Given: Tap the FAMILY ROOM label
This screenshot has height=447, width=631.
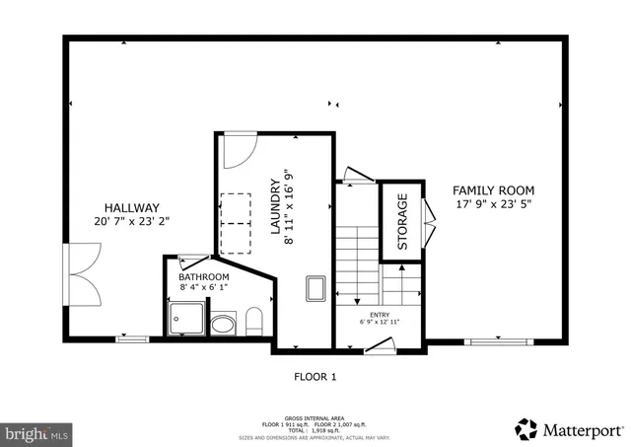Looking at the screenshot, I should tap(493, 190).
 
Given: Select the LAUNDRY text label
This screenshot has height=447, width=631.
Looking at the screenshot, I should tap(276, 206).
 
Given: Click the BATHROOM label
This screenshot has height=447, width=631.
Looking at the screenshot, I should tap(204, 277).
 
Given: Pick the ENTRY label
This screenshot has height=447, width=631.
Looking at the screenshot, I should tap(380, 313).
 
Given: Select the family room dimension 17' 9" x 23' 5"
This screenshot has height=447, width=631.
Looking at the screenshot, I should tap(493, 205).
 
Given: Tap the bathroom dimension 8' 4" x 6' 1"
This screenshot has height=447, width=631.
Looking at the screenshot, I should tap(204, 288).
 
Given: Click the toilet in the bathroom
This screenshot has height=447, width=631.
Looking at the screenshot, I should tap(252, 320).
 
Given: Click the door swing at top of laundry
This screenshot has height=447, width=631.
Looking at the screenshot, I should tap(236, 150).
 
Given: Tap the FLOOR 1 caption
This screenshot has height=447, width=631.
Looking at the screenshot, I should tap(315, 377).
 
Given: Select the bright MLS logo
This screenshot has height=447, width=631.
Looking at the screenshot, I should tap(37, 431).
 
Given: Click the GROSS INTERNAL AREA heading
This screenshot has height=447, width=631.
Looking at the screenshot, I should tap(315, 417).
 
